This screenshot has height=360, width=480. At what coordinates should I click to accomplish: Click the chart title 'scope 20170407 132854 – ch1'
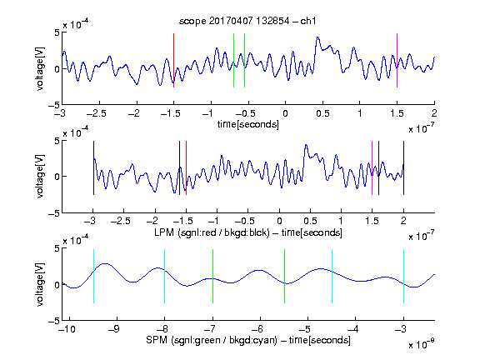point(247,21)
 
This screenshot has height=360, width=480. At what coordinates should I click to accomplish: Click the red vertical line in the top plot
point(174,61)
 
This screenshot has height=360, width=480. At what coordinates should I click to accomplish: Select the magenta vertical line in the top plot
point(397,61)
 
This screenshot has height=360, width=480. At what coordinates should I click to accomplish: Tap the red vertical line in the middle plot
point(186,167)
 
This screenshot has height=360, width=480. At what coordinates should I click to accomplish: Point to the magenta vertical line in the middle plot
point(372,167)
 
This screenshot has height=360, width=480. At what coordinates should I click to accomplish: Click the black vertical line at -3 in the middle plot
point(93,167)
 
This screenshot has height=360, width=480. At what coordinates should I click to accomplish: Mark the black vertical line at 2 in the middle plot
point(403,167)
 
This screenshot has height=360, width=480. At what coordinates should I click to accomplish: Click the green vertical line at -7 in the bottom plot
point(212,276)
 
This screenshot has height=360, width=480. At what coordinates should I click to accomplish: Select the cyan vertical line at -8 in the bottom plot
point(165,276)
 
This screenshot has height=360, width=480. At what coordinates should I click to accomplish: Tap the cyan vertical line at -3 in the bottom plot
point(403,276)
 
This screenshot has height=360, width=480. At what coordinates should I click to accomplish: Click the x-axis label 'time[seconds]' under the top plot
point(248,124)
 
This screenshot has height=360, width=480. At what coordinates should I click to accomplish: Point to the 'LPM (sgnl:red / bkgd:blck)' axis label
point(212,232)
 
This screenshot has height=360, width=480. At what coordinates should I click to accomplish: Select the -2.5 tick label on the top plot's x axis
point(97,113)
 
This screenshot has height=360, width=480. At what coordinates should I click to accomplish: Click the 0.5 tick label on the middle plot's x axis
point(310,221)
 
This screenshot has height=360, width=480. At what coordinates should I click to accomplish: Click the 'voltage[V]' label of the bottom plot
point(40,284)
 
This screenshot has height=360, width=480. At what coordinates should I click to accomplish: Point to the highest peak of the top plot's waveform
point(317,37)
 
